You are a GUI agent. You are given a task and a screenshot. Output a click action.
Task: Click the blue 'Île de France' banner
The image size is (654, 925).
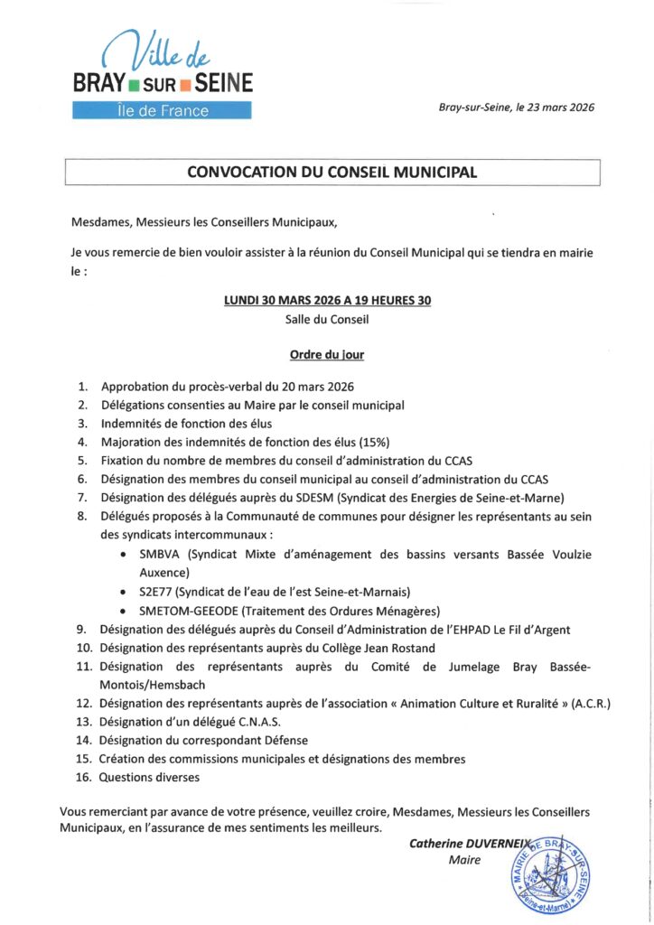[162, 111]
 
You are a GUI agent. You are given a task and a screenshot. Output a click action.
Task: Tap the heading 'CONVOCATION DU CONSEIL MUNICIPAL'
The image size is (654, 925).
[332, 172]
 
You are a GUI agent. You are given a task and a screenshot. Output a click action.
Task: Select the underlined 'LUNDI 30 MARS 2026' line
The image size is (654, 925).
[326, 302]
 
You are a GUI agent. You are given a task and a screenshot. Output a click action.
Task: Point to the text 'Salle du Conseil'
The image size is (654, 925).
[326, 319]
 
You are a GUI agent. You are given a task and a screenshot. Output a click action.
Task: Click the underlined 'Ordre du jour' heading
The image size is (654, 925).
[326, 354]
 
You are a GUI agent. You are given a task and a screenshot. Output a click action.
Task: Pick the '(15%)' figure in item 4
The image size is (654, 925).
[369, 442]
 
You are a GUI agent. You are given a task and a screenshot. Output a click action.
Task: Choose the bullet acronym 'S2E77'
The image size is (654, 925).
[156, 591]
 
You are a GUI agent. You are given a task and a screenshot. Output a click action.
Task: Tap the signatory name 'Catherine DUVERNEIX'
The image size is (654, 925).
[466, 844]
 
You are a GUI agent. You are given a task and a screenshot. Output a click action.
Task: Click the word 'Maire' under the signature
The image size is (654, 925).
[464, 860]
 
